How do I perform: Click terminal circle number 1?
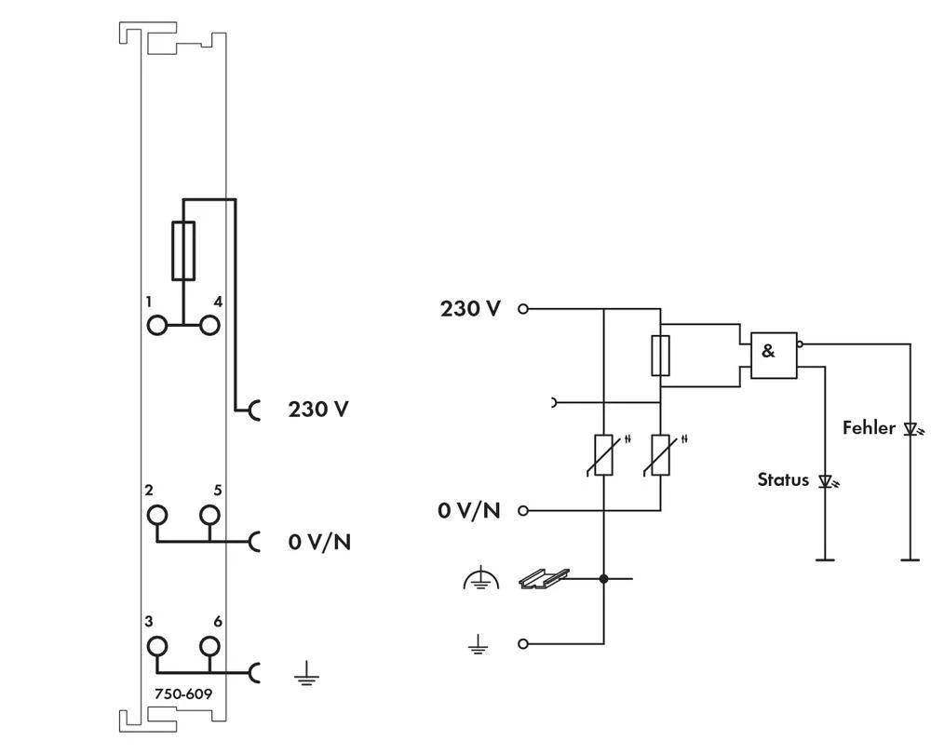tap(157, 325)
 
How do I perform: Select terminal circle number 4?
tap(210, 325)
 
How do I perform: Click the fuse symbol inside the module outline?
tap(183, 251)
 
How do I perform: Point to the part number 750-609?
tap(182, 693)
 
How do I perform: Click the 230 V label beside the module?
tap(318, 409)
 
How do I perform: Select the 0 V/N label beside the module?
tap(319, 541)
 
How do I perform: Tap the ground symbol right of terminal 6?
tap(304, 674)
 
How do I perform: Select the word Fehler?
tap(869, 428)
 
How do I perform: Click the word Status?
tap(783, 480)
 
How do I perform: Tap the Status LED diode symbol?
tap(825, 481)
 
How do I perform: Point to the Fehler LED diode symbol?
tap(910, 429)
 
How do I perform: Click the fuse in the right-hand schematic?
tap(659, 355)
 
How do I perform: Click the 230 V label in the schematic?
tap(470, 308)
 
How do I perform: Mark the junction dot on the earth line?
tap(604, 579)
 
